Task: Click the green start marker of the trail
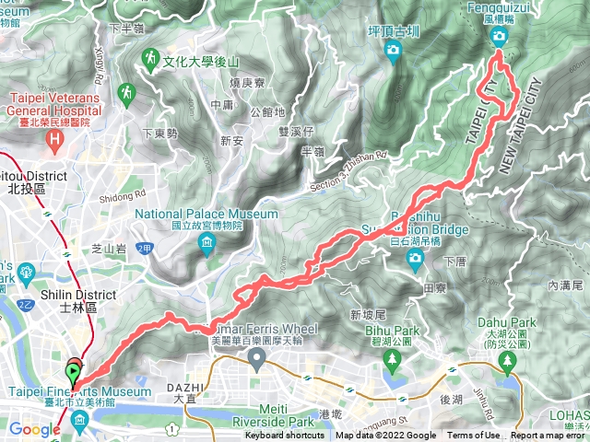73,374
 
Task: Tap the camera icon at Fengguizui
499,37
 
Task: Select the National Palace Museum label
206,219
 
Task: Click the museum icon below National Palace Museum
206,243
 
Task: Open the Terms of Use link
474,436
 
